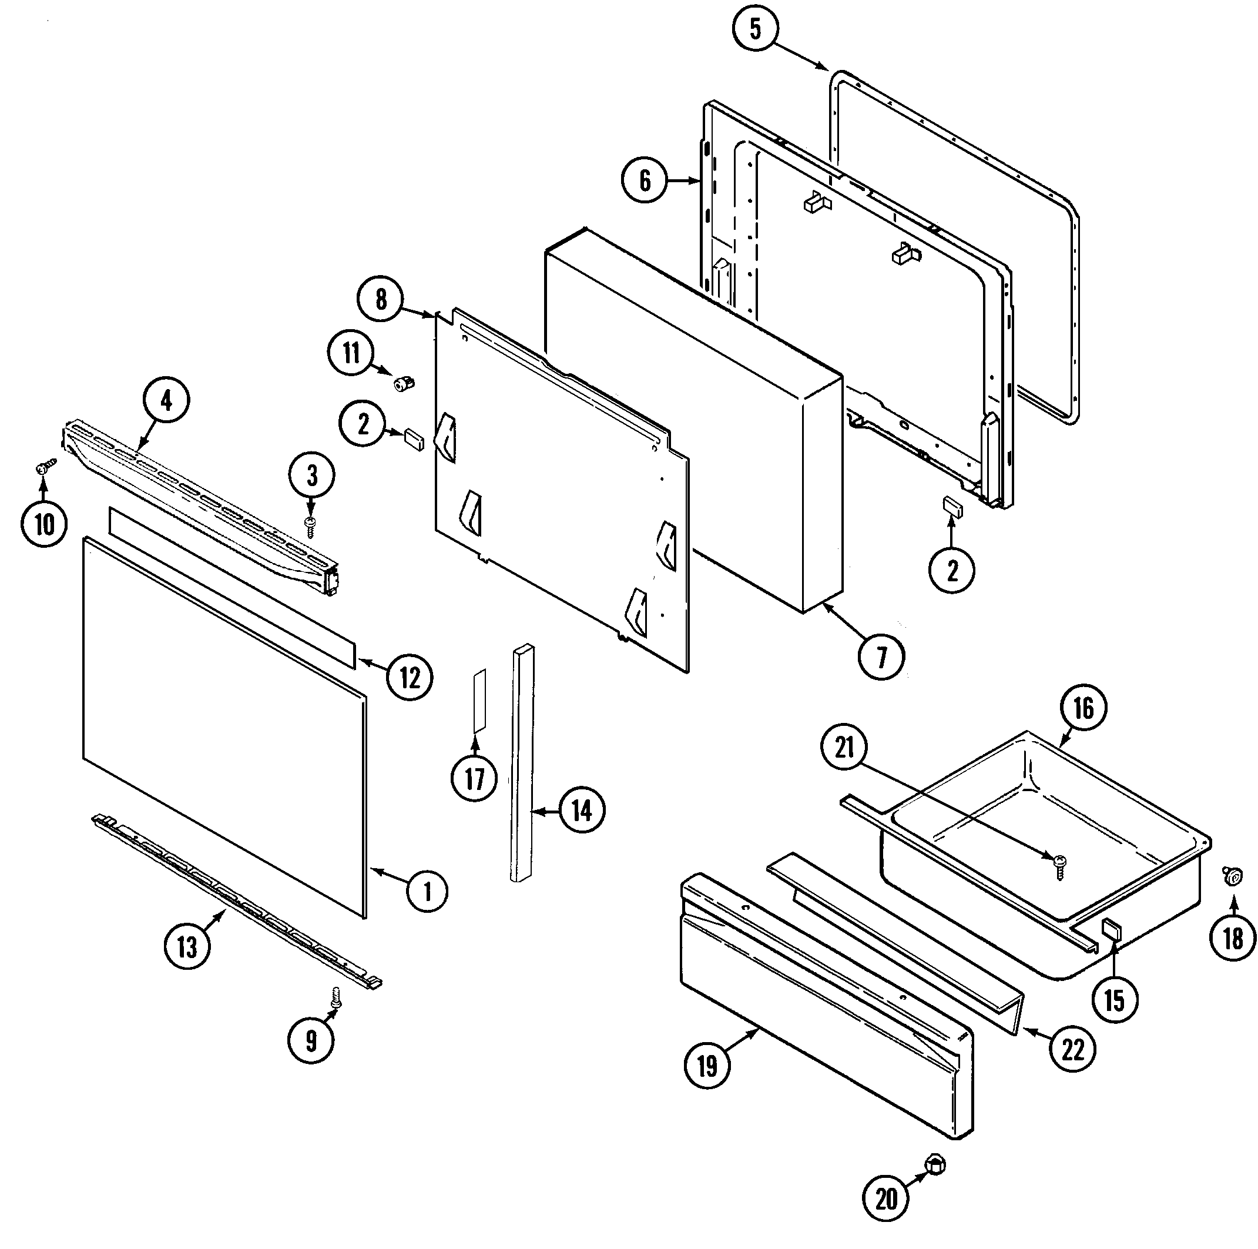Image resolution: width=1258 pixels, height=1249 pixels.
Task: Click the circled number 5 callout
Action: (x=754, y=29)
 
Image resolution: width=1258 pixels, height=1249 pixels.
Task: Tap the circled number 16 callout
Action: (x=1083, y=708)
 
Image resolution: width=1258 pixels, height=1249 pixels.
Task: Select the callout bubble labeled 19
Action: (x=707, y=1066)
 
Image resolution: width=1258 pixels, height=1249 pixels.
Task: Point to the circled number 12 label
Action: (x=410, y=678)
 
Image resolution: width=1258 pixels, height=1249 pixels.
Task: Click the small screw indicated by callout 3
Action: (x=311, y=525)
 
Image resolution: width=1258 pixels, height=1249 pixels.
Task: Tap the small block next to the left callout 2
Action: (x=414, y=439)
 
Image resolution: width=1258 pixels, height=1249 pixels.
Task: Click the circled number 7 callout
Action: (x=881, y=658)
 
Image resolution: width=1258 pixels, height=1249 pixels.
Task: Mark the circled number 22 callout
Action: (x=1072, y=1049)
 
